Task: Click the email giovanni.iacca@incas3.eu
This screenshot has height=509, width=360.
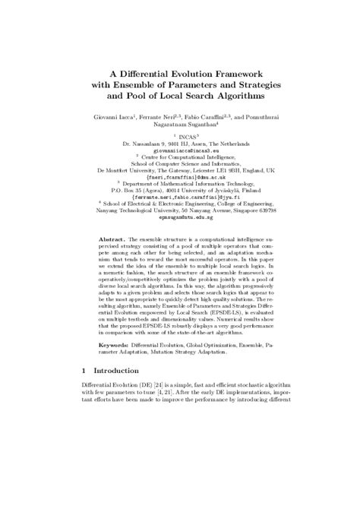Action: point(180,150)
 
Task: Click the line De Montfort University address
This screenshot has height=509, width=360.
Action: point(180,171)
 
